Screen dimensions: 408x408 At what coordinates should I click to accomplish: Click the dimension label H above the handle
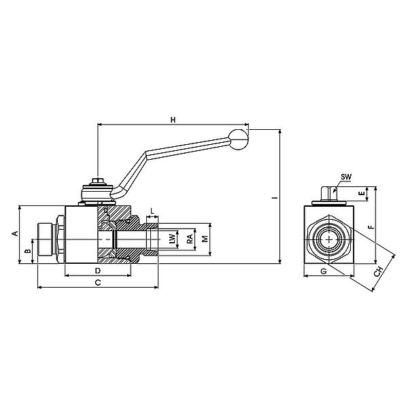coord(173,120)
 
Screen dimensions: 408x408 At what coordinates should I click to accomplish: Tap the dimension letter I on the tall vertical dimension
coord(275,198)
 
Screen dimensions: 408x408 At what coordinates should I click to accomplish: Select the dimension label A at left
coord(16,233)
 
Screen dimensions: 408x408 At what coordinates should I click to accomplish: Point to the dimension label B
coord(28,251)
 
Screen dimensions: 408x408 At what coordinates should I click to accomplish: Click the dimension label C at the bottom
coord(98,283)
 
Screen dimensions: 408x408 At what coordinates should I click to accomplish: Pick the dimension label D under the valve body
coord(97,271)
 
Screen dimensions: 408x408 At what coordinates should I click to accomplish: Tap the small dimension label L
coord(152,211)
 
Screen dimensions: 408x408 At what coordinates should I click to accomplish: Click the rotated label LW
coord(172,239)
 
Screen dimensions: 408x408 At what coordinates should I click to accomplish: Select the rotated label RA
coord(190,239)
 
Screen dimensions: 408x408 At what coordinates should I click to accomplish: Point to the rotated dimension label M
coord(205,239)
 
